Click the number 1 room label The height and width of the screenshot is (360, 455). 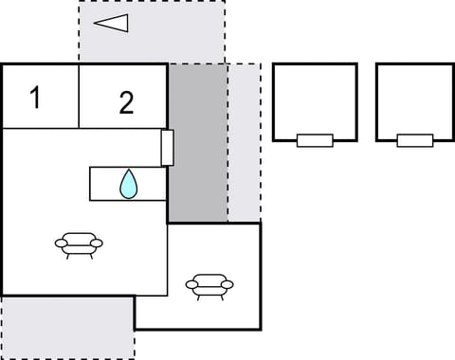(35, 97)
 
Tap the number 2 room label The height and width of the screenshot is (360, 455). (126, 102)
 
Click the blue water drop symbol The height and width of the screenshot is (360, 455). (127, 184)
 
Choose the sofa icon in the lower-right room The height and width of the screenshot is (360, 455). (209, 284)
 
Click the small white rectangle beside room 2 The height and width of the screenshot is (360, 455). (167, 148)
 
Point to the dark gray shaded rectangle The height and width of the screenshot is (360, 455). (197, 142)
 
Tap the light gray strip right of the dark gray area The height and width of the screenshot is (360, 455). (244, 142)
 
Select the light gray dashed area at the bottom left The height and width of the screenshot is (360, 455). (66, 327)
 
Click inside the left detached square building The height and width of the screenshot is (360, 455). (314, 99)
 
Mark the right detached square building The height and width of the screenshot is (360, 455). (414, 99)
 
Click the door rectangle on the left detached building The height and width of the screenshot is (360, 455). (315, 141)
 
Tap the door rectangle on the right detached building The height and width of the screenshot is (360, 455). (415, 141)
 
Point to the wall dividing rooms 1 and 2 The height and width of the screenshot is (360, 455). (78, 95)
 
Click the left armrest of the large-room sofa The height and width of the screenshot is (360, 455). (60, 244)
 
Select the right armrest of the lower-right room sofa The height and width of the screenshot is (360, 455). (227, 284)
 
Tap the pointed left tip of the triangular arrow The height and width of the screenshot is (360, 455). (95, 23)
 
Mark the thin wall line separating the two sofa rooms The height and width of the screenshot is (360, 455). (168, 260)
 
